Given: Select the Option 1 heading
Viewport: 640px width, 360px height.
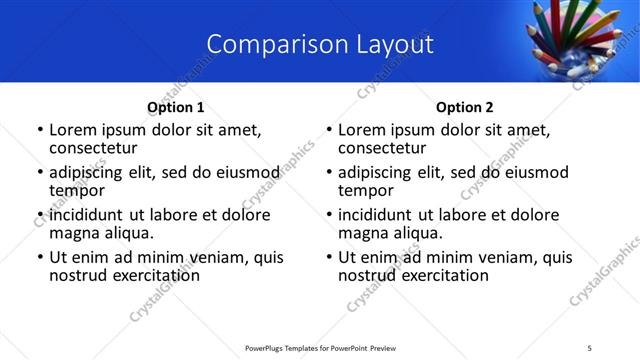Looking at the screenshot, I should click(x=175, y=107).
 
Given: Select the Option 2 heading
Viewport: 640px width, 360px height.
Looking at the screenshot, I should click(x=464, y=107).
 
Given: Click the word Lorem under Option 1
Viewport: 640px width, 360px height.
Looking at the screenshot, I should click(x=73, y=129).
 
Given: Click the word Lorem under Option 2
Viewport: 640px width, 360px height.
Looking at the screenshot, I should click(x=362, y=129).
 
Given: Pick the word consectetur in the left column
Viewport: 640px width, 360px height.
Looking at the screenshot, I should click(x=98, y=148).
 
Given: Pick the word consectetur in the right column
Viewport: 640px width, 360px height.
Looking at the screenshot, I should click(x=387, y=148).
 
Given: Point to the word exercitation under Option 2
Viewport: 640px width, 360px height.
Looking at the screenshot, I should click(x=442, y=275).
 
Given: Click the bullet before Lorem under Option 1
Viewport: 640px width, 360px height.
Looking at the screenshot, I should click(x=40, y=130).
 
